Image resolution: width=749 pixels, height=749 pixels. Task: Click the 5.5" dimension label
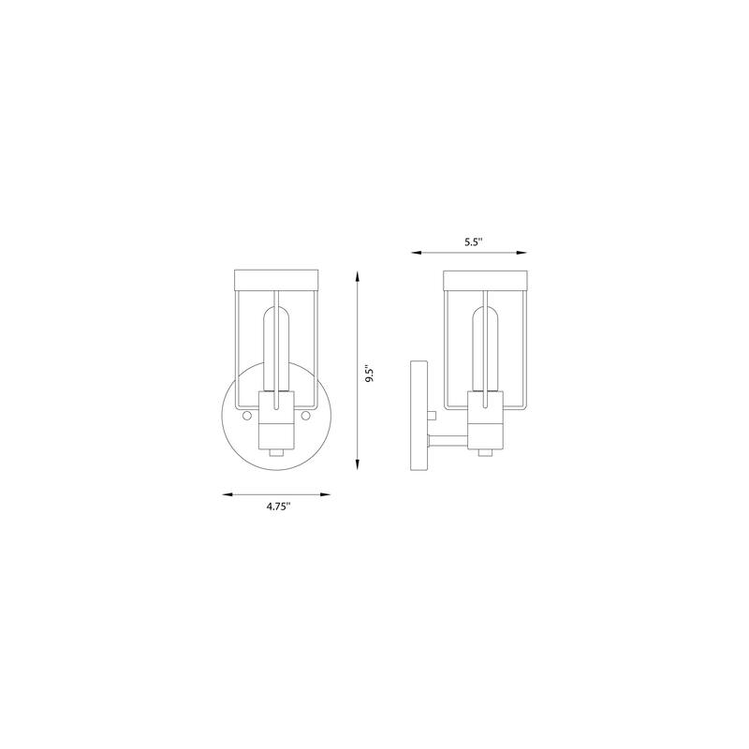point(474,242)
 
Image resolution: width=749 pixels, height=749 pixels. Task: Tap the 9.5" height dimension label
point(369,374)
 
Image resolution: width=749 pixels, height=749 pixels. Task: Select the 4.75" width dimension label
point(279,507)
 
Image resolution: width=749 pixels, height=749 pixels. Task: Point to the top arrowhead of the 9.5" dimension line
point(358,276)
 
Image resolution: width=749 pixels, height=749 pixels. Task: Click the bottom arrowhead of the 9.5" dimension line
point(358,464)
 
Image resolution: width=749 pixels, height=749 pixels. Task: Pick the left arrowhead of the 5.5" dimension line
point(417,253)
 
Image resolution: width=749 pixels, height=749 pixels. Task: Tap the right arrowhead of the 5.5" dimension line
point(521,253)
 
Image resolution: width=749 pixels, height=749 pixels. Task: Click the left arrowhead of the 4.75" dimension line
point(228,495)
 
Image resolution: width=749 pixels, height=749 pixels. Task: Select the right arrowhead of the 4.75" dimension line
point(325,495)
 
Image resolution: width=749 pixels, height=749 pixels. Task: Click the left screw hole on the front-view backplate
point(247,416)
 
